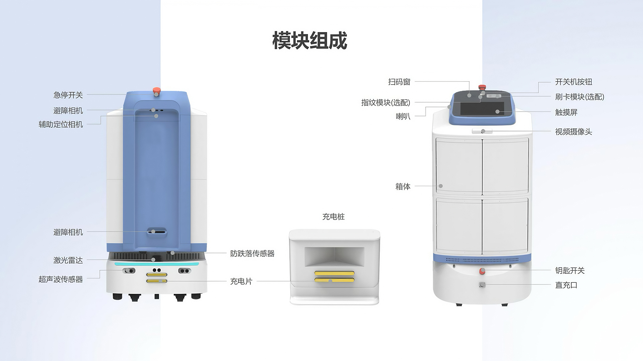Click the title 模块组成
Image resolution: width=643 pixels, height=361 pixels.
[310, 41]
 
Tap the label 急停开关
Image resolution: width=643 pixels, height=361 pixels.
[68, 95]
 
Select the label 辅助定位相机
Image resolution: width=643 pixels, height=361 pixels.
[61, 124]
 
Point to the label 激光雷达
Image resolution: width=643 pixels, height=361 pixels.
[68, 260]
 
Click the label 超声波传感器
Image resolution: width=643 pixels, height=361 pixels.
[61, 279]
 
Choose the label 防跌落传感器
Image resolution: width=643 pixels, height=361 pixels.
[252, 253]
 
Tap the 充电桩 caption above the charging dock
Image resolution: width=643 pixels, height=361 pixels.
[333, 217]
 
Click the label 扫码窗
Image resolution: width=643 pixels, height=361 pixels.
[399, 82]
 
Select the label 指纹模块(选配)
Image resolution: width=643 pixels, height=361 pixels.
[385, 102]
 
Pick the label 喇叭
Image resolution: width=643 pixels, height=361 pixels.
[403, 116]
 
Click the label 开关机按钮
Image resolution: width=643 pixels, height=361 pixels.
[574, 82]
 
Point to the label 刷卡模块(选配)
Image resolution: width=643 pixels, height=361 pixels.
[580, 97]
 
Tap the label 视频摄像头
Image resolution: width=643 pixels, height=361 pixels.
[574, 132]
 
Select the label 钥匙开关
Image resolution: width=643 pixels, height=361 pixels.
[570, 270]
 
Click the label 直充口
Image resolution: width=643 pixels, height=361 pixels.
[566, 285]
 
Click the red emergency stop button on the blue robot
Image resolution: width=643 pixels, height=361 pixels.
[156, 91]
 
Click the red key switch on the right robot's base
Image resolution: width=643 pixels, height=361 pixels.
[482, 271]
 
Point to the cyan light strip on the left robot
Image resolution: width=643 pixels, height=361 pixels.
[157, 264]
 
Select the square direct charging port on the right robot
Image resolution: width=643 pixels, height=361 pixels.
[482, 285]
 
